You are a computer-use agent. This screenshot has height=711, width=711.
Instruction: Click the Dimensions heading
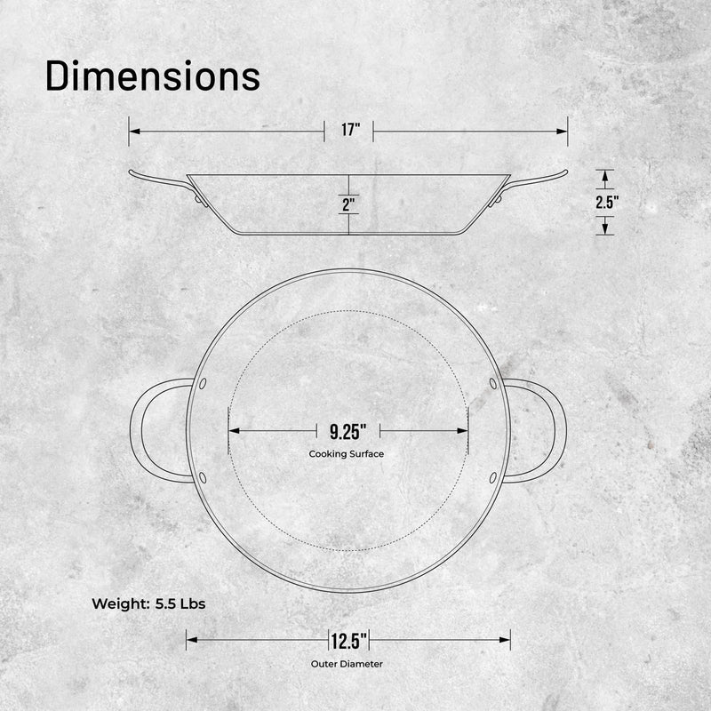(152, 76)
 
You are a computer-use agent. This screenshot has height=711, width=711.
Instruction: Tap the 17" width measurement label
(349, 131)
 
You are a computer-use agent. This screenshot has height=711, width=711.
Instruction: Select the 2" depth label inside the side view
(348, 204)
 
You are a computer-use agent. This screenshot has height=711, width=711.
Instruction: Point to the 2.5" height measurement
(606, 202)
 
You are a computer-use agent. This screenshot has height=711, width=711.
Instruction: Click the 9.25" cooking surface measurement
(348, 432)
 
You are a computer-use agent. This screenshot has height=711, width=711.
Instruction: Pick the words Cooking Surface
(347, 453)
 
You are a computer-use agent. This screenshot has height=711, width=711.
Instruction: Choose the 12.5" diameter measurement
(348, 640)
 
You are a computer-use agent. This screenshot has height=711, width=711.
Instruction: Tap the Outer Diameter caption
(348, 664)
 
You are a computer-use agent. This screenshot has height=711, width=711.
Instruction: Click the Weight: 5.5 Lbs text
(148, 603)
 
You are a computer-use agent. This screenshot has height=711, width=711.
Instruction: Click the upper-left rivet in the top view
(204, 383)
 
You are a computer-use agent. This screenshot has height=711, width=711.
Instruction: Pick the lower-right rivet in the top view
(493, 478)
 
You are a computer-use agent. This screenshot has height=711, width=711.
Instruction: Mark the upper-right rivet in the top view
(493, 383)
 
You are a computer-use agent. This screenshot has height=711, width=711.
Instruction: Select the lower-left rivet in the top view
(204, 478)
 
